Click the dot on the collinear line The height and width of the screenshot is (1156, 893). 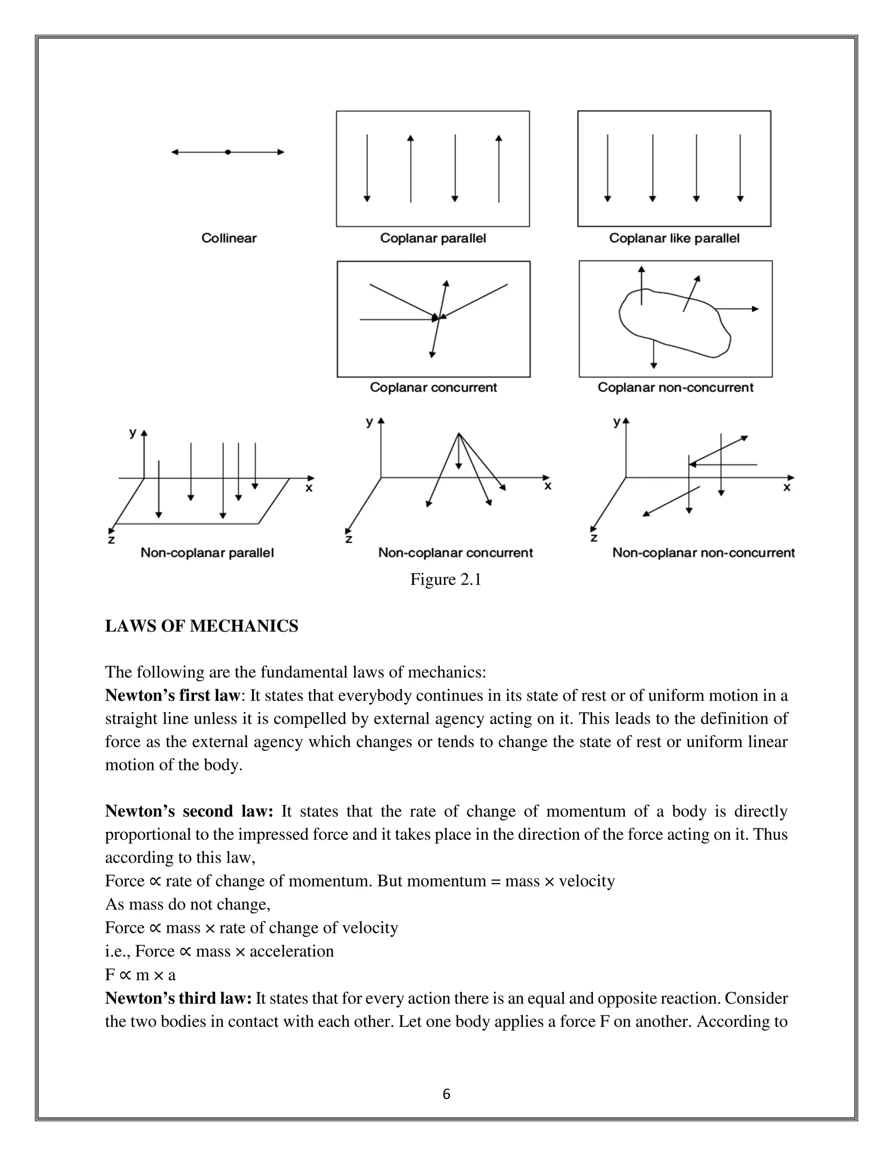228,152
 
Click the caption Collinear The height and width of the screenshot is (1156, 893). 228,238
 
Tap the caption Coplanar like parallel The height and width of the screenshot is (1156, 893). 674,238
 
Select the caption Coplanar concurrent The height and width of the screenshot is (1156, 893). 433,387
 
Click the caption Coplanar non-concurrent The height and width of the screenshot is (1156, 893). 675,387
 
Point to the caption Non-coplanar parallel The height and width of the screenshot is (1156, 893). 207,553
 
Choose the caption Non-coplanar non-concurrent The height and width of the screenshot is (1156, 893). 703,553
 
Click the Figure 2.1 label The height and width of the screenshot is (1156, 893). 446,580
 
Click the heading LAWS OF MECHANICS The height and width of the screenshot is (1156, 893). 201,626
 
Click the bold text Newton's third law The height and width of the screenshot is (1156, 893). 178,998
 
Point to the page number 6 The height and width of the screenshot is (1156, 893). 446,1094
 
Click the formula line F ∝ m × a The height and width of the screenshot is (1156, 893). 140,975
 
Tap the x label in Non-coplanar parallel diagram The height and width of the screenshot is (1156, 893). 309,488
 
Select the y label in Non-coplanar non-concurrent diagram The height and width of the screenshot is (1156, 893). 616,422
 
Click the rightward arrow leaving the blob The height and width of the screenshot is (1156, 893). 738,308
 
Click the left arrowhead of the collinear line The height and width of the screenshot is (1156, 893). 174,152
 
